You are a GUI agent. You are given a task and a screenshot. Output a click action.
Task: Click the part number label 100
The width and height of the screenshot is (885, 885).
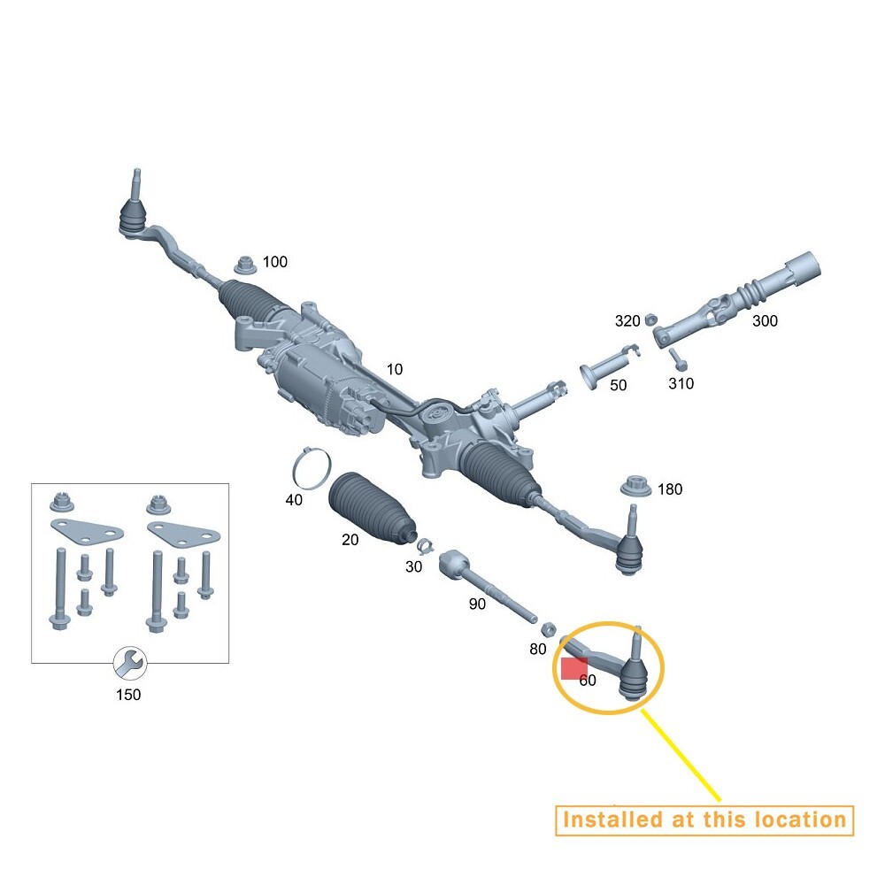point(275,262)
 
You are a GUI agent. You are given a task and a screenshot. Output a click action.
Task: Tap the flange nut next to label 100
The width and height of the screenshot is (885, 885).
point(245,264)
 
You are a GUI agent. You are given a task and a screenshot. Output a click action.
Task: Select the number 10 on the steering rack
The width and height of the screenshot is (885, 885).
point(394,368)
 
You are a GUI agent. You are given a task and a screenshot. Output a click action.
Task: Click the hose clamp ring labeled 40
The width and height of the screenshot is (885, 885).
point(312,468)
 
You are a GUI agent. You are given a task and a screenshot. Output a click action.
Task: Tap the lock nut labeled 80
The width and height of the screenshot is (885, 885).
point(547,629)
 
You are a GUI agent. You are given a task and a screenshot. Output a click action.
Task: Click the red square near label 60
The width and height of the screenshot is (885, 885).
point(574,669)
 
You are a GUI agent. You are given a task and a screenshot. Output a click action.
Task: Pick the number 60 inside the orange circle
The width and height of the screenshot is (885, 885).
point(588,681)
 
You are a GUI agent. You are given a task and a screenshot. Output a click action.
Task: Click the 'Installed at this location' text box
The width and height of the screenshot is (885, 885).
point(704,820)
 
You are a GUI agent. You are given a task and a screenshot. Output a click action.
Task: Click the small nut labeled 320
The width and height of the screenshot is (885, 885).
point(649,319)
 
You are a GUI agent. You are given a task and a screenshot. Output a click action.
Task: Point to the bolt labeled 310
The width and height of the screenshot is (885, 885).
point(678,359)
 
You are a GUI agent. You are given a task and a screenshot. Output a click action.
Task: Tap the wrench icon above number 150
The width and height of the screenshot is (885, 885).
point(129,660)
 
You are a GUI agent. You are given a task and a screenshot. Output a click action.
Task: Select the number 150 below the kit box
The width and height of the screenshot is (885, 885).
point(128,695)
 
